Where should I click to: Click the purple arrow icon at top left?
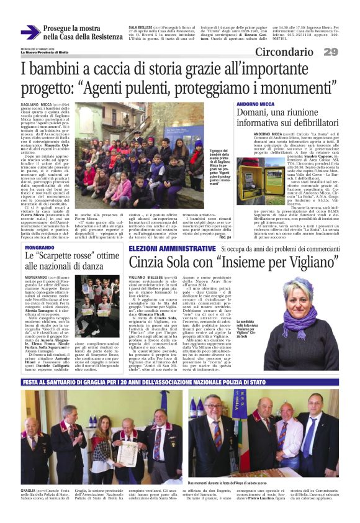pos(30,32)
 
